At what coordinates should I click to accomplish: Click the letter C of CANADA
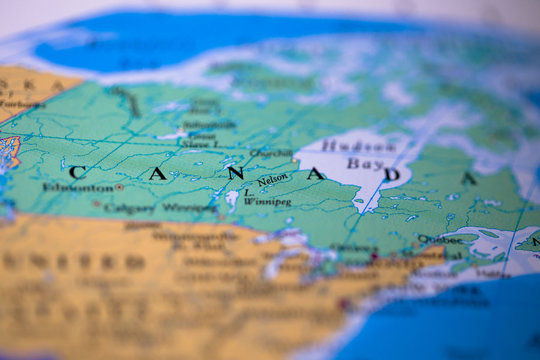point(77,172)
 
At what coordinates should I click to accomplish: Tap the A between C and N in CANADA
point(157,173)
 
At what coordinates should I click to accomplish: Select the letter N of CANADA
point(235,173)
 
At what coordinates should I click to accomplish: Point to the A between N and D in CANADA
point(315,174)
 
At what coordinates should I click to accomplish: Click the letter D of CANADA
point(393,175)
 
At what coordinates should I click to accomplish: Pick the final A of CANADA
point(468,178)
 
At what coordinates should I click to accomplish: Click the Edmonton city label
point(77,187)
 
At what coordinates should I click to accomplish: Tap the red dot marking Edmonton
point(119,187)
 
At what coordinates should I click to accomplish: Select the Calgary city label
point(129,208)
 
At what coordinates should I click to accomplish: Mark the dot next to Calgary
point(97,204)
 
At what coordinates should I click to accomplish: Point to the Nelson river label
point(273,180)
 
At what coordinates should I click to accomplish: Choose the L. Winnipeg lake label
point(265,196)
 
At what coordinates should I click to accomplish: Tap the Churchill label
point(271,154)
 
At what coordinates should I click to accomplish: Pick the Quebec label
point(440,240)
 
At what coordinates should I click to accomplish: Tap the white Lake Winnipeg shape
point(232,199)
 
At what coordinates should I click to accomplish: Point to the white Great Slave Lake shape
point(172,134)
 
